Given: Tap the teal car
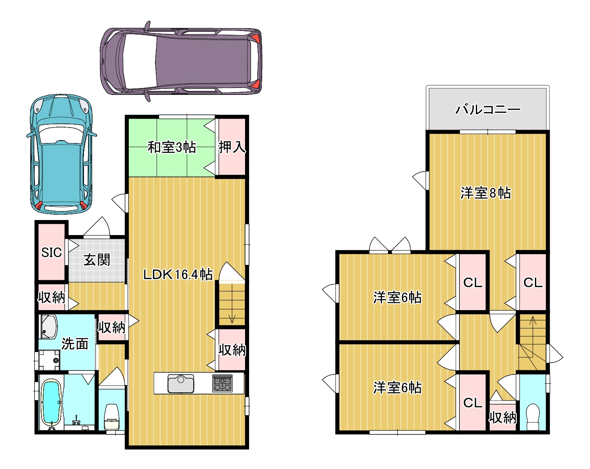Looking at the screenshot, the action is click(x=61, y=154).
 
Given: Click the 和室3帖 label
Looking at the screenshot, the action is click(x=172, y=148).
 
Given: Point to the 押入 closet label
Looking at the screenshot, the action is click(x=232, y=147).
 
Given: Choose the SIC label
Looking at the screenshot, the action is click(x=51, y=253).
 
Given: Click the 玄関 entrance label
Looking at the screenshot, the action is click(x=97, y=260).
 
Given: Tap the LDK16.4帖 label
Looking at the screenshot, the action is click(x=178, y=274).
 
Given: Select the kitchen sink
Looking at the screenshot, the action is click(x=181, y=383).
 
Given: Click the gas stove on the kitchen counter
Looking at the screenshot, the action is click(x=222, y=383).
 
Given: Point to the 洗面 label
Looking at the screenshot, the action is click(x=75, y=344).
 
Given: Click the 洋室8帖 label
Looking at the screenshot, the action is click(x=486, y=193).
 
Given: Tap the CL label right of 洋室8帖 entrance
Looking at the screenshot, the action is click(x=533, y=282).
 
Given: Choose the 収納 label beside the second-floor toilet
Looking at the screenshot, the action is click(x=503, y=418).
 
